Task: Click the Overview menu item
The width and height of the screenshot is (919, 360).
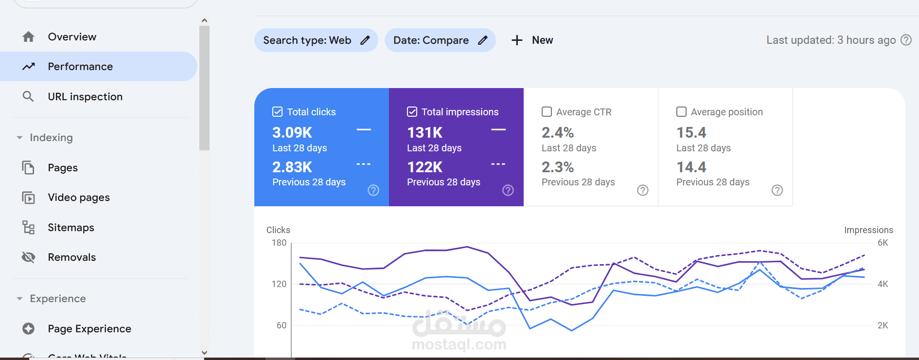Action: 72,37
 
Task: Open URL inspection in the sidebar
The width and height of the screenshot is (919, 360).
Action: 85,97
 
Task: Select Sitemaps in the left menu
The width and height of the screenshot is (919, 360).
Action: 71,228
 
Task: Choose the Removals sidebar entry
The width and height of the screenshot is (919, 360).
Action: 72,257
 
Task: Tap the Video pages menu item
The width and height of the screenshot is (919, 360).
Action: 79,198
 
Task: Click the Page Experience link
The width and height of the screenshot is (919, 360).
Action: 89,329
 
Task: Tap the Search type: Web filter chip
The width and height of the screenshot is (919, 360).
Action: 316,40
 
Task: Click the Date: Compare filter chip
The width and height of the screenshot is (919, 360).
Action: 440,40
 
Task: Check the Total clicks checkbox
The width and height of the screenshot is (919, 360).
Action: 278,112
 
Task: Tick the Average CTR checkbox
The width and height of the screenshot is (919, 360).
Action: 547,112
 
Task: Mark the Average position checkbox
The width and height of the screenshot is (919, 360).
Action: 682,112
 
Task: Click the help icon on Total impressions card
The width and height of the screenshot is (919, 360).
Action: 508,190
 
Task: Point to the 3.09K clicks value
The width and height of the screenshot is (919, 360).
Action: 292,132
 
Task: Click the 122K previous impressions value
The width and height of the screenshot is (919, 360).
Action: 425,167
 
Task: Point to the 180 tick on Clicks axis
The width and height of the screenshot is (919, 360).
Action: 279,243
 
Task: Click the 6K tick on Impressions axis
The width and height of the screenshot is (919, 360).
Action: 883,243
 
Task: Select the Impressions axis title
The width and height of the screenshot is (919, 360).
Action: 868,230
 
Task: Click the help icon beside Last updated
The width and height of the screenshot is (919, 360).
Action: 906,40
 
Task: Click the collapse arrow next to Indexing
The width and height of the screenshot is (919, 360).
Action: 19,138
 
